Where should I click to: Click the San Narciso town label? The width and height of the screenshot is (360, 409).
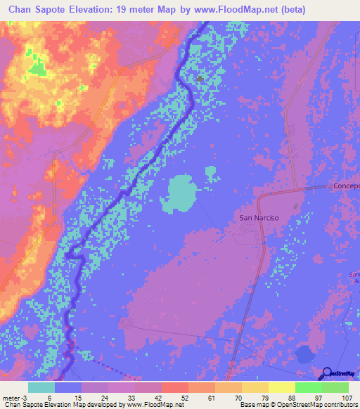(259, 218)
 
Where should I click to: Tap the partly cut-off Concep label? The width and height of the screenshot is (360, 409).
(346, 186)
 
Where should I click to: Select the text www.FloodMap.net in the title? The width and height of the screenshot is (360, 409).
(242, 9)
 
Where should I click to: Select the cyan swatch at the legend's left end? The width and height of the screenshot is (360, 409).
(41, 387)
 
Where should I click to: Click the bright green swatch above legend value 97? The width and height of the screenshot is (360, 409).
(309, 387)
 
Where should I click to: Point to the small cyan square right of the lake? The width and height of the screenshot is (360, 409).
(210, 170)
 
